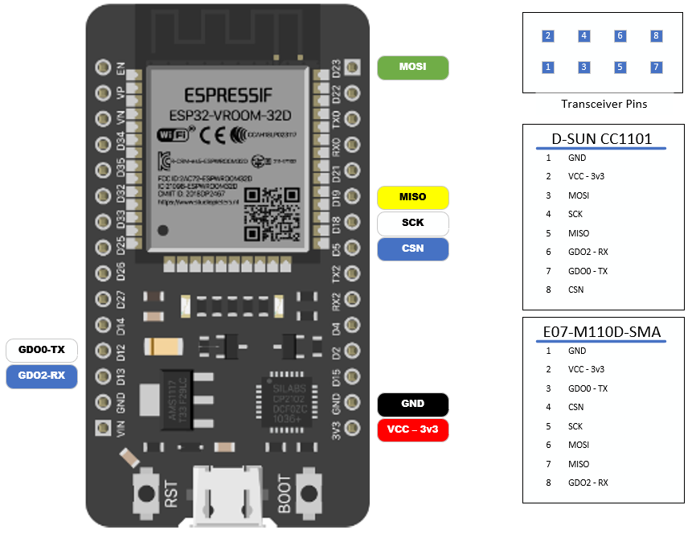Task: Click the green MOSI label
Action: tap(412, 67)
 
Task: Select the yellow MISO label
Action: tap(412, 197)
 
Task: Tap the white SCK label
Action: tap(412, 223)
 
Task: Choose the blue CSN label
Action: tap(412, 249)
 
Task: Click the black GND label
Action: tap(412, 404)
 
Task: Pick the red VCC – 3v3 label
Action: tap(412, 429)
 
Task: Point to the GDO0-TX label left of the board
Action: tap(42, 351)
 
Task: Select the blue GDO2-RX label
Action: tap(42, 376)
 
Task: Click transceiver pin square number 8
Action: tap(657, 36)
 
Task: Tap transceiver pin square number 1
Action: tap(548, 68)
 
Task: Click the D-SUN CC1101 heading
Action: tap(601, 138)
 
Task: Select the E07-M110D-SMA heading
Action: tap(601, 331)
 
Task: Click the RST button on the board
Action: tap(147, 491)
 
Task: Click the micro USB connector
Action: tap(227, 498)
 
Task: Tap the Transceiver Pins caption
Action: tap(604, 104)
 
